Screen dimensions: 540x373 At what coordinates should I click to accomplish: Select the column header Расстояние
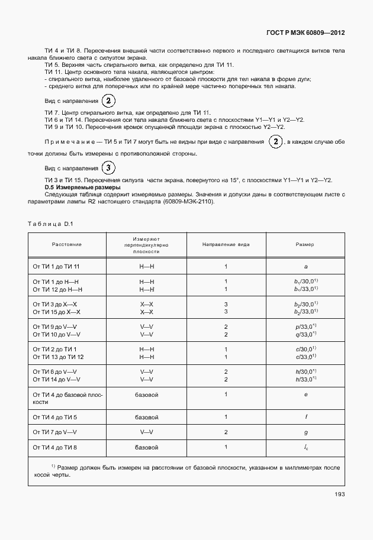[66, 244]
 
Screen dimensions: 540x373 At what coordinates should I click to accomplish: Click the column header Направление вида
[226, 244]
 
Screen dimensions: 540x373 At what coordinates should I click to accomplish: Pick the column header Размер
[305, 244]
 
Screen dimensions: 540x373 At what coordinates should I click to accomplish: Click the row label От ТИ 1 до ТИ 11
[56, 267]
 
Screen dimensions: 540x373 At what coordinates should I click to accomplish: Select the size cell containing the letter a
[305, 267]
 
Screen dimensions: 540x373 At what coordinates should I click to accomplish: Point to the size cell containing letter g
[305, 432]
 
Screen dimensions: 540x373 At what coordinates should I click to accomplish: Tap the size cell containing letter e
[305, 393]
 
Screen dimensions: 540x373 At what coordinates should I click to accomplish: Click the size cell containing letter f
[305, 417]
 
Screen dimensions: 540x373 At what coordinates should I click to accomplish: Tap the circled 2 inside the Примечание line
[275, 142]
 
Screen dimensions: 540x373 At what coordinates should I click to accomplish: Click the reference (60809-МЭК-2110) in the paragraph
[179, 201]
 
